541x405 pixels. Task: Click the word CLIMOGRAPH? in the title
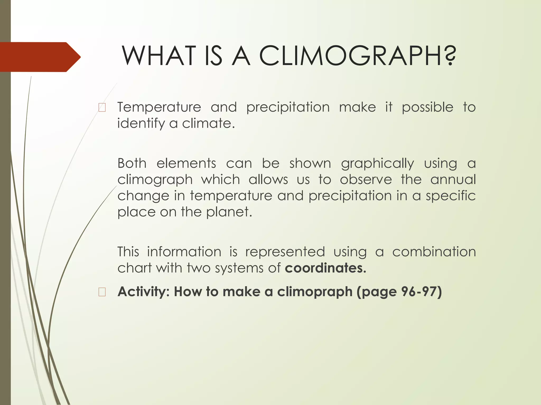(x=358, y=56)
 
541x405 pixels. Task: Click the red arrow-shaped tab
(x=40, y=57)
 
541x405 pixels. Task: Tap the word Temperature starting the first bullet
(x=159, y=107)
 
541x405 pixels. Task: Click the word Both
(x=132, y=163)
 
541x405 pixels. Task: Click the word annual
(x=453, y=180)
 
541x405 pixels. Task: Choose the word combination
(x=434, y=252)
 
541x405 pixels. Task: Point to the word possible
(x=427, y=108)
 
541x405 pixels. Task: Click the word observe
(x=366, y=180)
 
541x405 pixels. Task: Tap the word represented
(x=285, y=252)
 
